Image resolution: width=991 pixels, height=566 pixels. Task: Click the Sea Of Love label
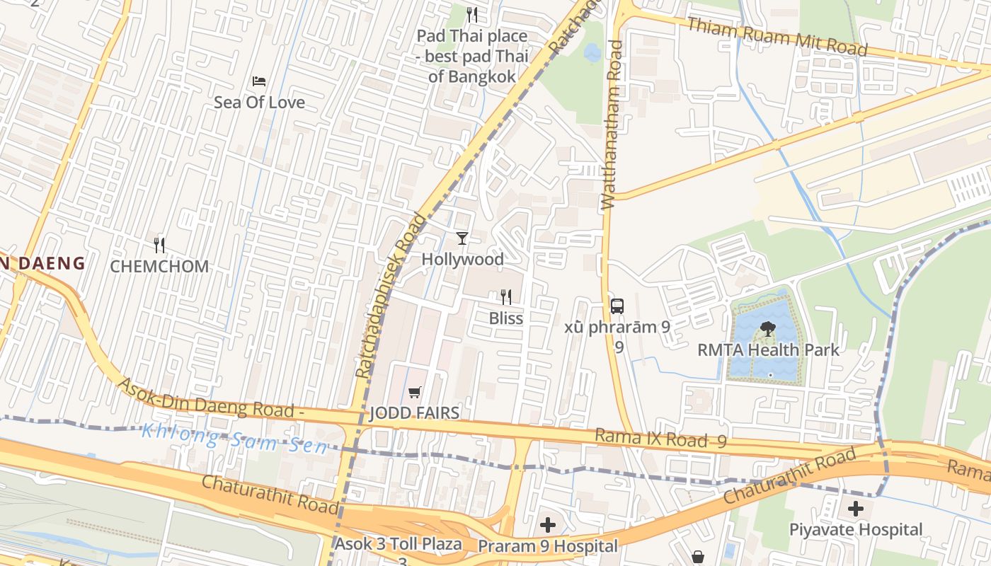pyautogui.click(x=259, y=103)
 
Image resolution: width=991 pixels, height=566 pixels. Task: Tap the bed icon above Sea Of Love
pyautogui.click(x=259, y=81)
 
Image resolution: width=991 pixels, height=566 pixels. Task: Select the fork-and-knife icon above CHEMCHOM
pyautogui.click(x=159, y=246)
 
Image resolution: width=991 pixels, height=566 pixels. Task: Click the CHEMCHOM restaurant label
pyautogui.click(x=159, y=267)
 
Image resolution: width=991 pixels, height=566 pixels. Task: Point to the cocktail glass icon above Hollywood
pyautogui.click(x=462, y=238)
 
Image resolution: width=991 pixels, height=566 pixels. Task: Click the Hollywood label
pyautogui.click(x=463, y=260)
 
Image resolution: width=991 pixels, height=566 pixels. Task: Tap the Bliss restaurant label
pyautogui.click(x=506, y=318)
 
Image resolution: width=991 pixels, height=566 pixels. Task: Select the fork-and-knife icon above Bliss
pyautogui.click(x=506, y=296)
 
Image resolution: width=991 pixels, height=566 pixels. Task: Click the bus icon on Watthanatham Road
pyautogui.click(x=617, y=306)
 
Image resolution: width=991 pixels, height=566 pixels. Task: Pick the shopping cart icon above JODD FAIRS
pyautogui.click(x=415, y=392)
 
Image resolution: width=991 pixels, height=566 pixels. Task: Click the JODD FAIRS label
pyautogui.click(x=415, y=413)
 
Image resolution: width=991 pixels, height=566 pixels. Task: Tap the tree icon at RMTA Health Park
pyautogui.click(x=767, y=328)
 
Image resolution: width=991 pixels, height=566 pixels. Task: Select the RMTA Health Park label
pyautogui.click(x=769, y=350)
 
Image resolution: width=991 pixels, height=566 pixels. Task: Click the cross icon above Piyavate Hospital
pyautogui.click(x=856, y=508)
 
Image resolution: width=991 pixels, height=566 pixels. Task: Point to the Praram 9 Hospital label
pyautogui.click(x=548, y=546)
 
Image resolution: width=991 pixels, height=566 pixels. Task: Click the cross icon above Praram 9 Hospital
pyautogui.click(x=548, y=525)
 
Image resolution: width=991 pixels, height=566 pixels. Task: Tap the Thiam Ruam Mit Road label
pyautogui.click(x=777, y=36)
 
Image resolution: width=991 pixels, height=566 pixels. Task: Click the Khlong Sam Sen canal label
pyautogui.click(x=234, y=439)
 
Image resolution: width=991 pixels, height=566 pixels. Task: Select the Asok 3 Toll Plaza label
pyautogui.click(x=399, y=544)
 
